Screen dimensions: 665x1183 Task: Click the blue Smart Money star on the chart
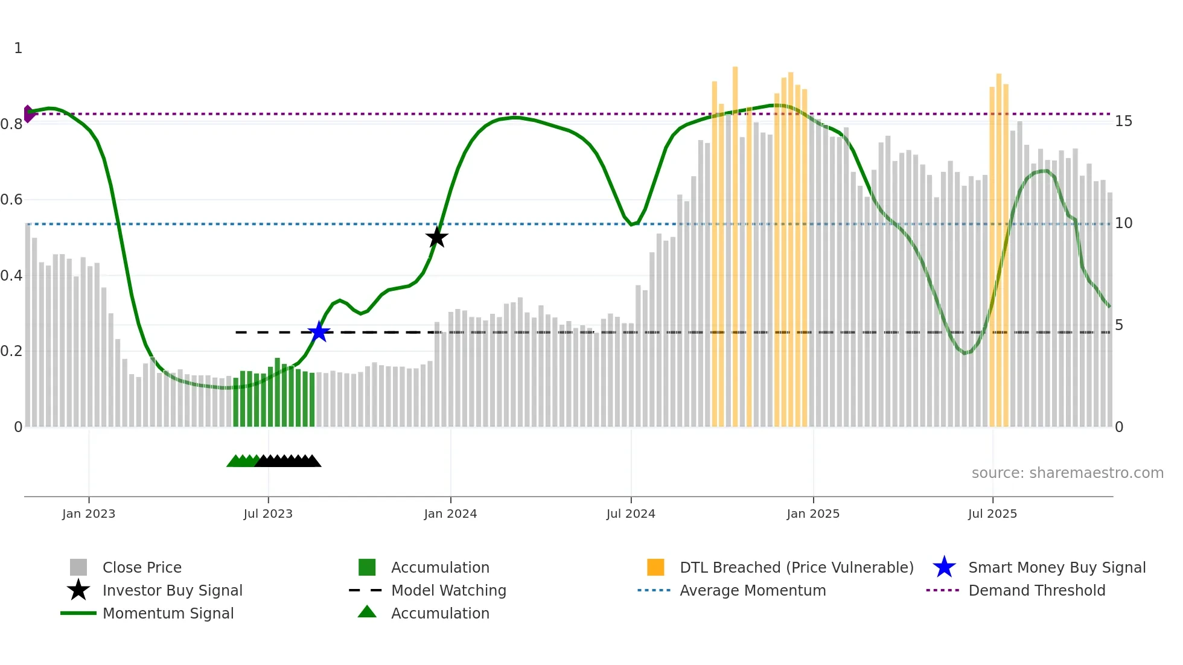point(319,332)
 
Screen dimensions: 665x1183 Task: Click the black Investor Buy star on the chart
point(436,237)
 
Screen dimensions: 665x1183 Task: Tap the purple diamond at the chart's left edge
point(28,113)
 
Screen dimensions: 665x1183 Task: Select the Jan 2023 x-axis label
point(89,514)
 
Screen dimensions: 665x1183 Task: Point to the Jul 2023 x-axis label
point(268,514)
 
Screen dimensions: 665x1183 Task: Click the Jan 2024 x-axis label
point(450,514)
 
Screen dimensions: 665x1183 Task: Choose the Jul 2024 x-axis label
point(631,514)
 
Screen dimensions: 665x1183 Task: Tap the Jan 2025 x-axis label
point(813,514)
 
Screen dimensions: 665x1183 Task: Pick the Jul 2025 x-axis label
point(992,514)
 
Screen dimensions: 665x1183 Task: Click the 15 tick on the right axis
point(1123,121)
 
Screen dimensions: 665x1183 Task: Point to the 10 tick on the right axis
point(1123,223)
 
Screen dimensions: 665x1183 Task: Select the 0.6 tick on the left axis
point(11,200)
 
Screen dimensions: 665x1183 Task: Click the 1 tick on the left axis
point(18,48)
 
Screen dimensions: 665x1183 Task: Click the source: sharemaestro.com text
point(1067,473)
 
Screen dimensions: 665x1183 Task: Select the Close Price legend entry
point(142,567)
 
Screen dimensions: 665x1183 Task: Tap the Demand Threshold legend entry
point(1036,590)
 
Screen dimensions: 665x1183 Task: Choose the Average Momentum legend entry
point(753,590)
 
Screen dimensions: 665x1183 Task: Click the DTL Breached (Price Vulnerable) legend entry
point(796,567)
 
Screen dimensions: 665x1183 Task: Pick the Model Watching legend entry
point(448,590)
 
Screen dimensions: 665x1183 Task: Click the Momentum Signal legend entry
point(168,613)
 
